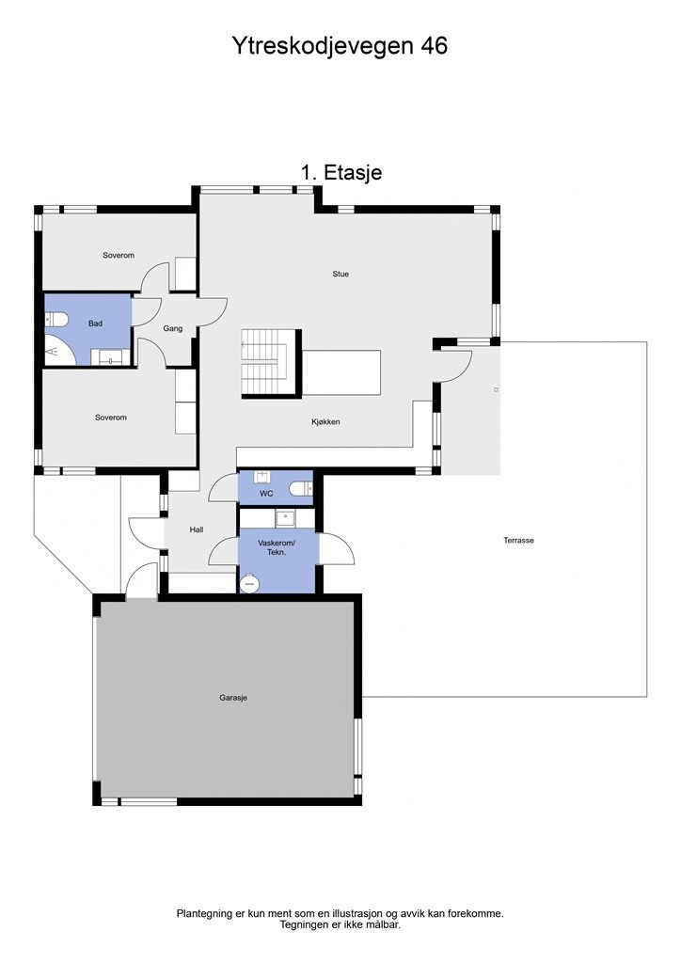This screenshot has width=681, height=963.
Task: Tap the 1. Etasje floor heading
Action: pyautogui.click(x=340, y=173)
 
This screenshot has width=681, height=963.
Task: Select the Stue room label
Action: pyautogui.click(x=340, y=274)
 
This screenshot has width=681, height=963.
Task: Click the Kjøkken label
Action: pyautogui.click(x=325, y=422)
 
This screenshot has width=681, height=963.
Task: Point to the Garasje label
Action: pyautogui.click(x=233, y=698)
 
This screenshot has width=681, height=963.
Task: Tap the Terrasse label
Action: pyautogui.click(x=519, y=541)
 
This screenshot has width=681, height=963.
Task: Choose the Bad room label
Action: pyautogui.click(x=95, y=324)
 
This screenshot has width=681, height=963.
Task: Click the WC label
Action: pyautogui.click(x=266, y=493)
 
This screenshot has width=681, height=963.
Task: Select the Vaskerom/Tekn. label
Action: pyautogui.click(x=277, y=548)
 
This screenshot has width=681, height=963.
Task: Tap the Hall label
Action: pyautogui.click(x=197, y=529)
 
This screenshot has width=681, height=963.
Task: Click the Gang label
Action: pyautogui.click(x=173, y=328)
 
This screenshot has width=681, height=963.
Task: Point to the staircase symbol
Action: pyautogui.click(x=264, y=361)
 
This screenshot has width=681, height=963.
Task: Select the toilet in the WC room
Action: pyautogui.click(x=303, y=488)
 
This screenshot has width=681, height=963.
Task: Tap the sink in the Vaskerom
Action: pyautogui.click(x=285, y=519)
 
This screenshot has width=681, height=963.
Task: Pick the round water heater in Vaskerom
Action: pyautogui.click(x=249, y=583)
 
